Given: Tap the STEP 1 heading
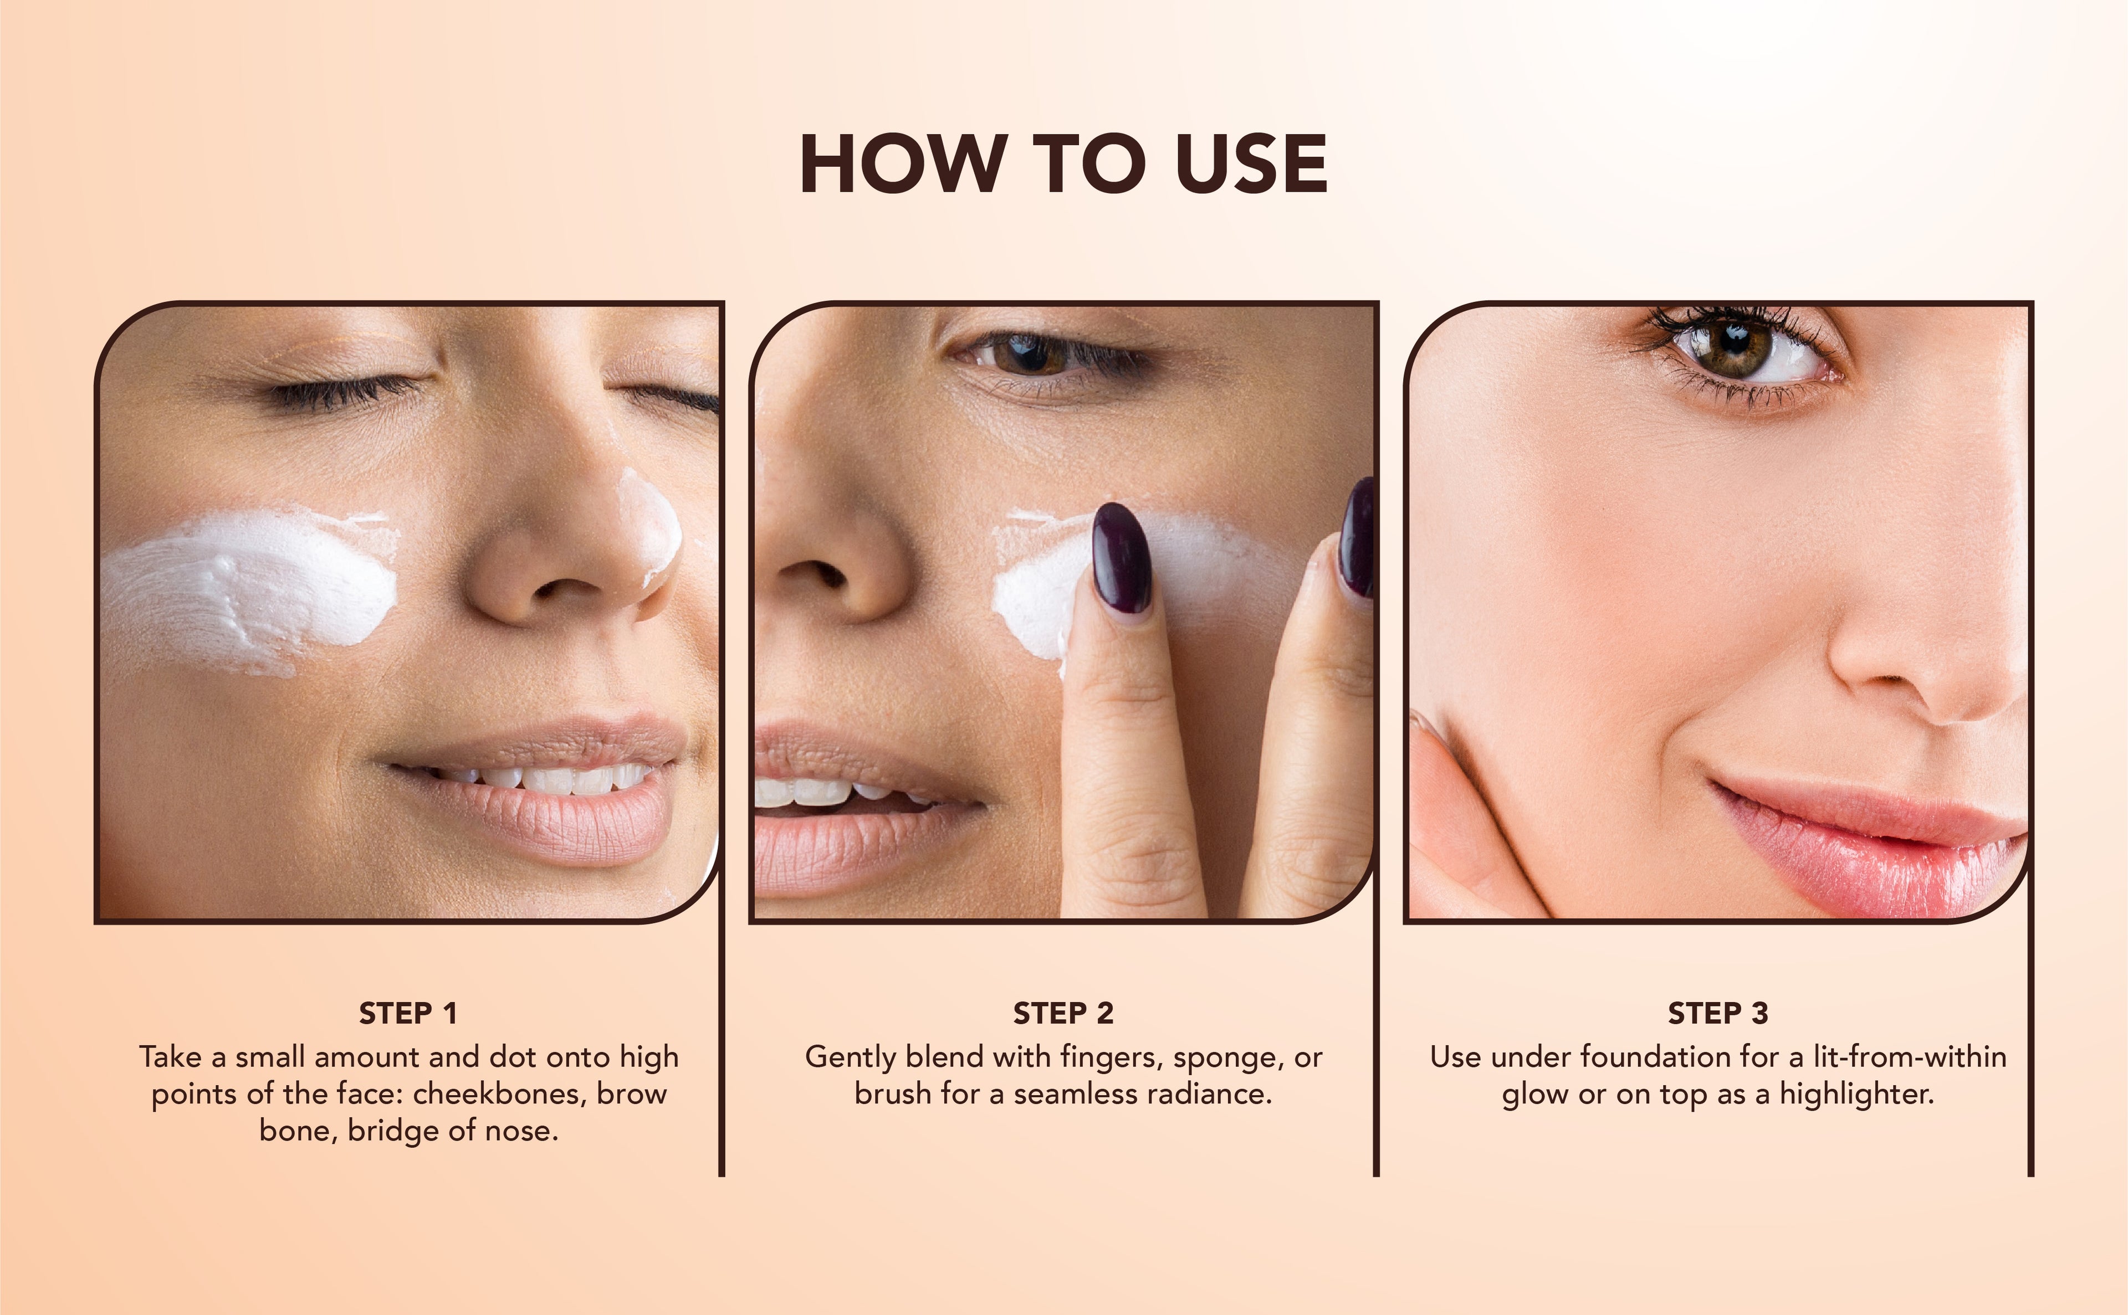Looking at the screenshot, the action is click(x=408, y=1013).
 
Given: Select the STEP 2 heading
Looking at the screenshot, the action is click(x=1063, y=1013).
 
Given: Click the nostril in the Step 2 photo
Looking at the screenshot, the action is click(x=814, y=577).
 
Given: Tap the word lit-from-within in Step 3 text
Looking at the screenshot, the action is click(x=1910, y=1057).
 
